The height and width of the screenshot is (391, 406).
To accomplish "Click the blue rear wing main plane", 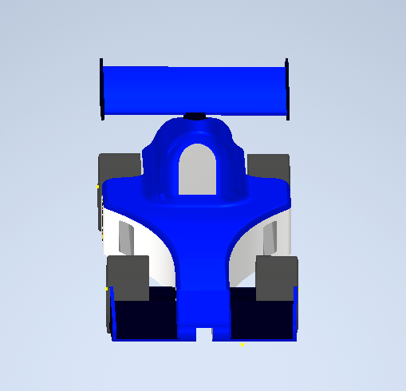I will tap(194, 89).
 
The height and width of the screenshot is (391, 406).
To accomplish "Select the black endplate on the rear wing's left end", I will tap(102, 89).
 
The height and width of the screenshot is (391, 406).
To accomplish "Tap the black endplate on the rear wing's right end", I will tap(286, 89).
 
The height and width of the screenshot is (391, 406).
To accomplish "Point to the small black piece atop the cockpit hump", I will tap(194, 117).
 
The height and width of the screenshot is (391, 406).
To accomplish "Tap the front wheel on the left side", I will tap(128, 278).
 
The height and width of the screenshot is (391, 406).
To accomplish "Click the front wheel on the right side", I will tap(276, 278).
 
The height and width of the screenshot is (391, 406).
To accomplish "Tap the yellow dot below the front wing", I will tap(242, 345).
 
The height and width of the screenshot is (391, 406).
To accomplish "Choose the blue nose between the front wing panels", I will tap(199, 303).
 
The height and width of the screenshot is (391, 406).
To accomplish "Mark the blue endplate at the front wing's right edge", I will tap(297, 311).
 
